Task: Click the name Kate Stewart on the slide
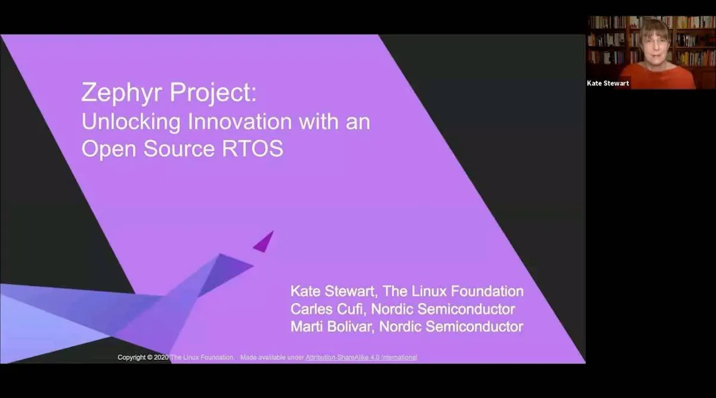[332, 292]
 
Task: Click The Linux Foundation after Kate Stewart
[453, 292]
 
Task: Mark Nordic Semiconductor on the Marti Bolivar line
[452, 326]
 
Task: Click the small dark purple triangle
[264, 242]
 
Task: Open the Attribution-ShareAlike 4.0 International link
[361, 357]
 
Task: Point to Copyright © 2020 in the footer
[143, 357]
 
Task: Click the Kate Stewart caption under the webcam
[608, 83]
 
